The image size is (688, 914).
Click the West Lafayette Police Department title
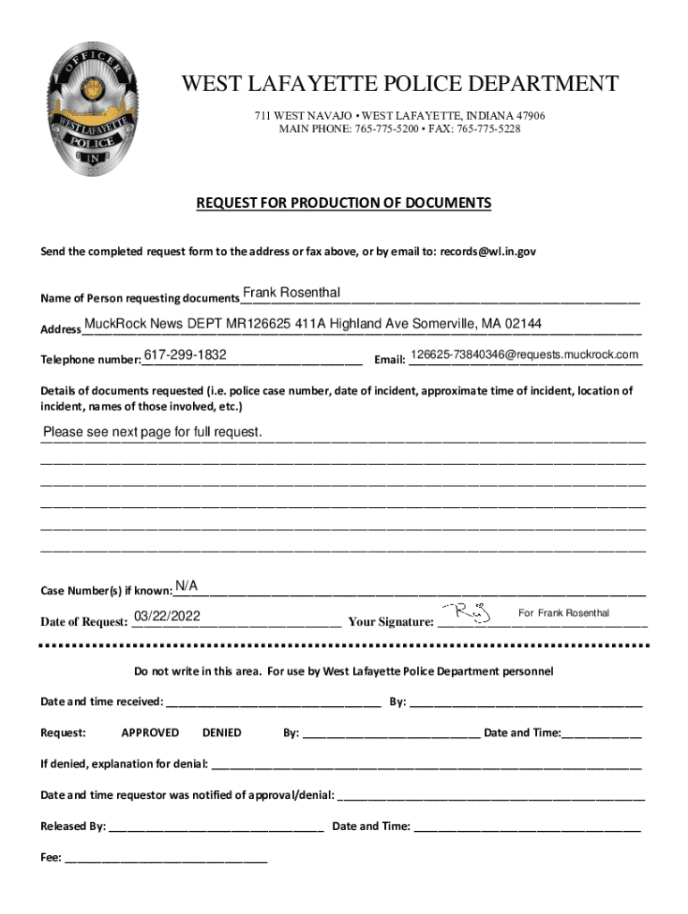[x=399, y=85]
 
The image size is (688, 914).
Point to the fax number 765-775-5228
[x=489, y=129]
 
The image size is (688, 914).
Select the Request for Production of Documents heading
[x=344, y=204]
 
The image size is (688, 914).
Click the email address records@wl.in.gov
[x=487, y=253]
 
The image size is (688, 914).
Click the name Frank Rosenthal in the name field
[x=291, y=294]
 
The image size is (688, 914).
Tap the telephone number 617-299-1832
[x=185, y=355]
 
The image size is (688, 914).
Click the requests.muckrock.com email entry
[x=524, y=355]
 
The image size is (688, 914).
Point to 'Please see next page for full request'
[x=153, y=433]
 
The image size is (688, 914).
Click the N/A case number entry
[x=186, y=586]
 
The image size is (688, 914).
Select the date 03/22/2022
[x=167, y=617]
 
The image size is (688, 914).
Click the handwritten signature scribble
[x=472, y=612]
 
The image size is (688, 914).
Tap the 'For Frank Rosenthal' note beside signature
[x=564, y=613]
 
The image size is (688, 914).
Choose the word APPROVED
[x=149, y=733]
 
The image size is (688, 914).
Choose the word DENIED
[x=222, y=733]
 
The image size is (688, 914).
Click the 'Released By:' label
[x=73, y=827]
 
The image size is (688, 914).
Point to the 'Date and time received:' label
[x=102, y=702]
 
